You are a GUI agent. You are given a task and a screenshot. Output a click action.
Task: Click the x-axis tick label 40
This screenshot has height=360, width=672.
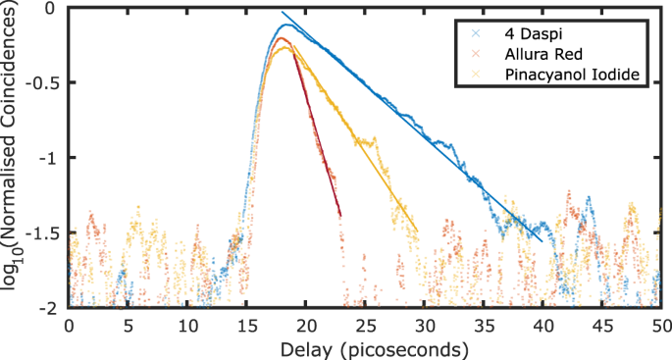[x=543, y=324]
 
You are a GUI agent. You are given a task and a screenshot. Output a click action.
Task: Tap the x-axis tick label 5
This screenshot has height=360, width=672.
[x=128, y=324]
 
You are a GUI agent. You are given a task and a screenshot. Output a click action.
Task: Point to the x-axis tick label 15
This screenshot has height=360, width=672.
[x=246, y=324]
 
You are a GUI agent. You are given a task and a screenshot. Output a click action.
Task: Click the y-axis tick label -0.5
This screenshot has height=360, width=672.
[x=45, y=82]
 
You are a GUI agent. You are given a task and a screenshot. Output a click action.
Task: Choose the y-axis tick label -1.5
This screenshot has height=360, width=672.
[x=45, y=232]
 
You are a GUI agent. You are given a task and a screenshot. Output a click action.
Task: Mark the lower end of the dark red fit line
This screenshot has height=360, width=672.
[x=340, y=216]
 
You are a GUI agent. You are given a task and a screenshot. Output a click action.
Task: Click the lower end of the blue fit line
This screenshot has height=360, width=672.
[x=542, y=241]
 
